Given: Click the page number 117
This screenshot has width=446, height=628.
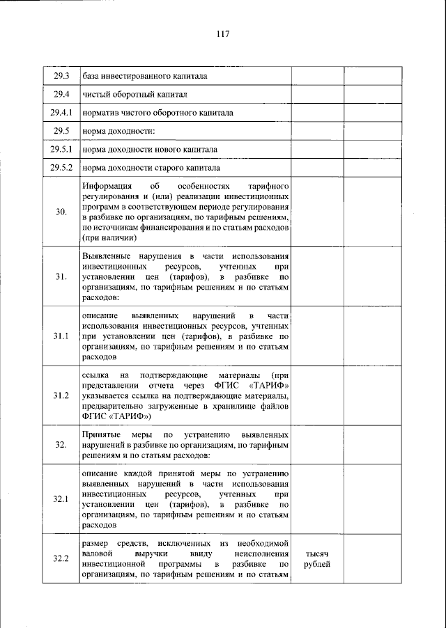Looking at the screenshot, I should point(223,34).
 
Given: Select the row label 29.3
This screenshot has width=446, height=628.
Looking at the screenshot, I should point(61,76).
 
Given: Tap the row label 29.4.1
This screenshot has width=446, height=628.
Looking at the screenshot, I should point(61,112).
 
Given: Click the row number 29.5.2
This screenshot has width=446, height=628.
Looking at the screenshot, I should point(61,168).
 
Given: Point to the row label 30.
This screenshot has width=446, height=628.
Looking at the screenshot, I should point(61,212).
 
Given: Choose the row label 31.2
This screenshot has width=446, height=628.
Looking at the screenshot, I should point(61,395).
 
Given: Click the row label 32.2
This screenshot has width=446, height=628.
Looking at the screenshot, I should point(61,558).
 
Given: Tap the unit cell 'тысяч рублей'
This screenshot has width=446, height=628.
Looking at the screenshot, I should point(318,558).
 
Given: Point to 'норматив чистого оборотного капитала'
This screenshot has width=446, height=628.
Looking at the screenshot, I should point(157,112).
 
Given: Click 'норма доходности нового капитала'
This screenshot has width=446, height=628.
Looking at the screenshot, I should point(149,150).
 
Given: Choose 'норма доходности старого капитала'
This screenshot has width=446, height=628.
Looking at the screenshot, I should point(151,168).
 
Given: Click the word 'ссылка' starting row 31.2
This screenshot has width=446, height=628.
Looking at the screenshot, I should point(95,375).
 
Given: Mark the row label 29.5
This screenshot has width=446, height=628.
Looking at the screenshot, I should point(61,131).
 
